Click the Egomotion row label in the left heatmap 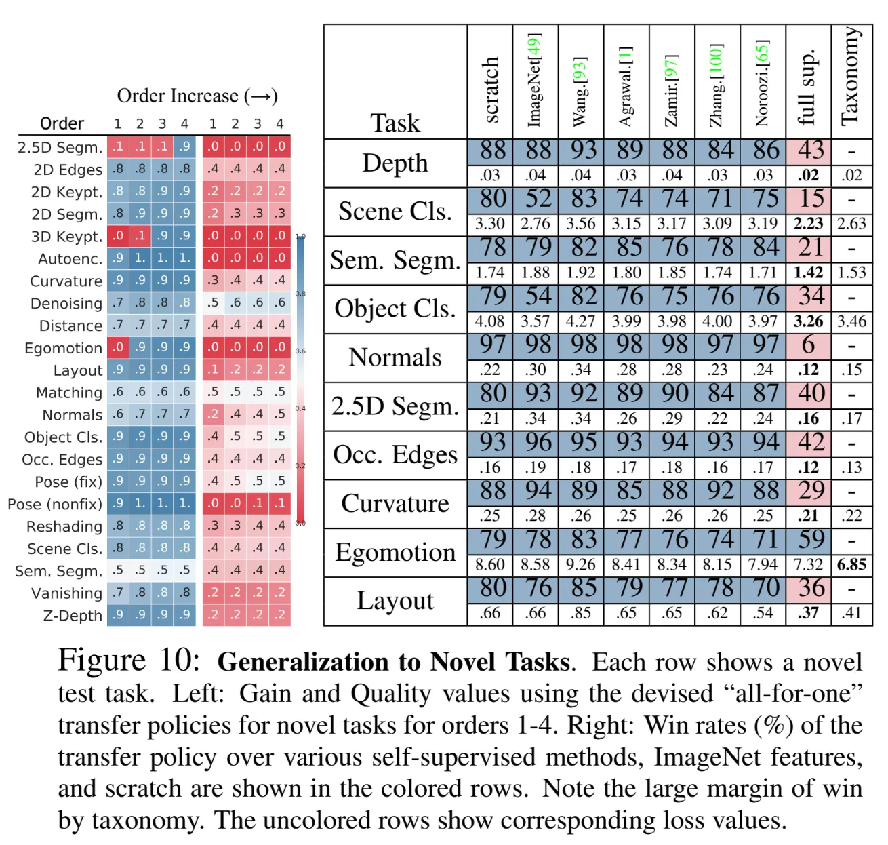pyautogui.click(x=63, y=349)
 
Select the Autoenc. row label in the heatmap pyautogui.click(x=70, y=259)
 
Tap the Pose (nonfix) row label pyautogui.click(x=55, y=505)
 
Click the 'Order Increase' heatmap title pyautogui.click(x=197, y=96)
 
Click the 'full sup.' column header pyautogui.click(x=807, y=88)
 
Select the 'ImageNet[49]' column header pyautogui.click(x=535, y=80)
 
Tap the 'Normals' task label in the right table pyautogui.click(x=395, y=357)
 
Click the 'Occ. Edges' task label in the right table pyautogui.click(x=395, y=454)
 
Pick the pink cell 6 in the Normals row pyautogui.click(x=808, y=345)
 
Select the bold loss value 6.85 pyautogui.click(x=851, y=564)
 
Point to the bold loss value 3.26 pyautogui.click(x=808, y=321)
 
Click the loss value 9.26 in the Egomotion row pyautogui.click(x=580, y=564)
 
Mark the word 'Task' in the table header pyautogui.click(x=395, y=123)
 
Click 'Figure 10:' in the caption pyautogui.click(x=129, y=661)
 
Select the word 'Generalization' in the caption pyautogui.click(x=294, y=662)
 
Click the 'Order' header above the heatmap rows pyautogui.click(x=62, y=123)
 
